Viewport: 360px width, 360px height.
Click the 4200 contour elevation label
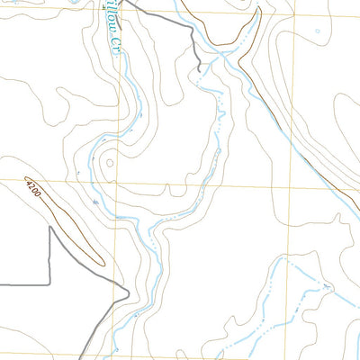click(33, 188)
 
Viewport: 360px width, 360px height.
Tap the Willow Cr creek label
click(112, 27)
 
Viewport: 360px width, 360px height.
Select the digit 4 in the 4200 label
click(29, 183)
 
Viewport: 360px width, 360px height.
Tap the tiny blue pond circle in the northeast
click(317, 31)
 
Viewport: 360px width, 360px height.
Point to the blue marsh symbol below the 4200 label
click(95, 204)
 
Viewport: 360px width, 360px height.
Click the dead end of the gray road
click(198, 67)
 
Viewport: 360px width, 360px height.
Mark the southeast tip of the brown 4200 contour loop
click(102, 264)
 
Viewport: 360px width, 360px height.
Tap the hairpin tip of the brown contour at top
click(258, 10)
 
